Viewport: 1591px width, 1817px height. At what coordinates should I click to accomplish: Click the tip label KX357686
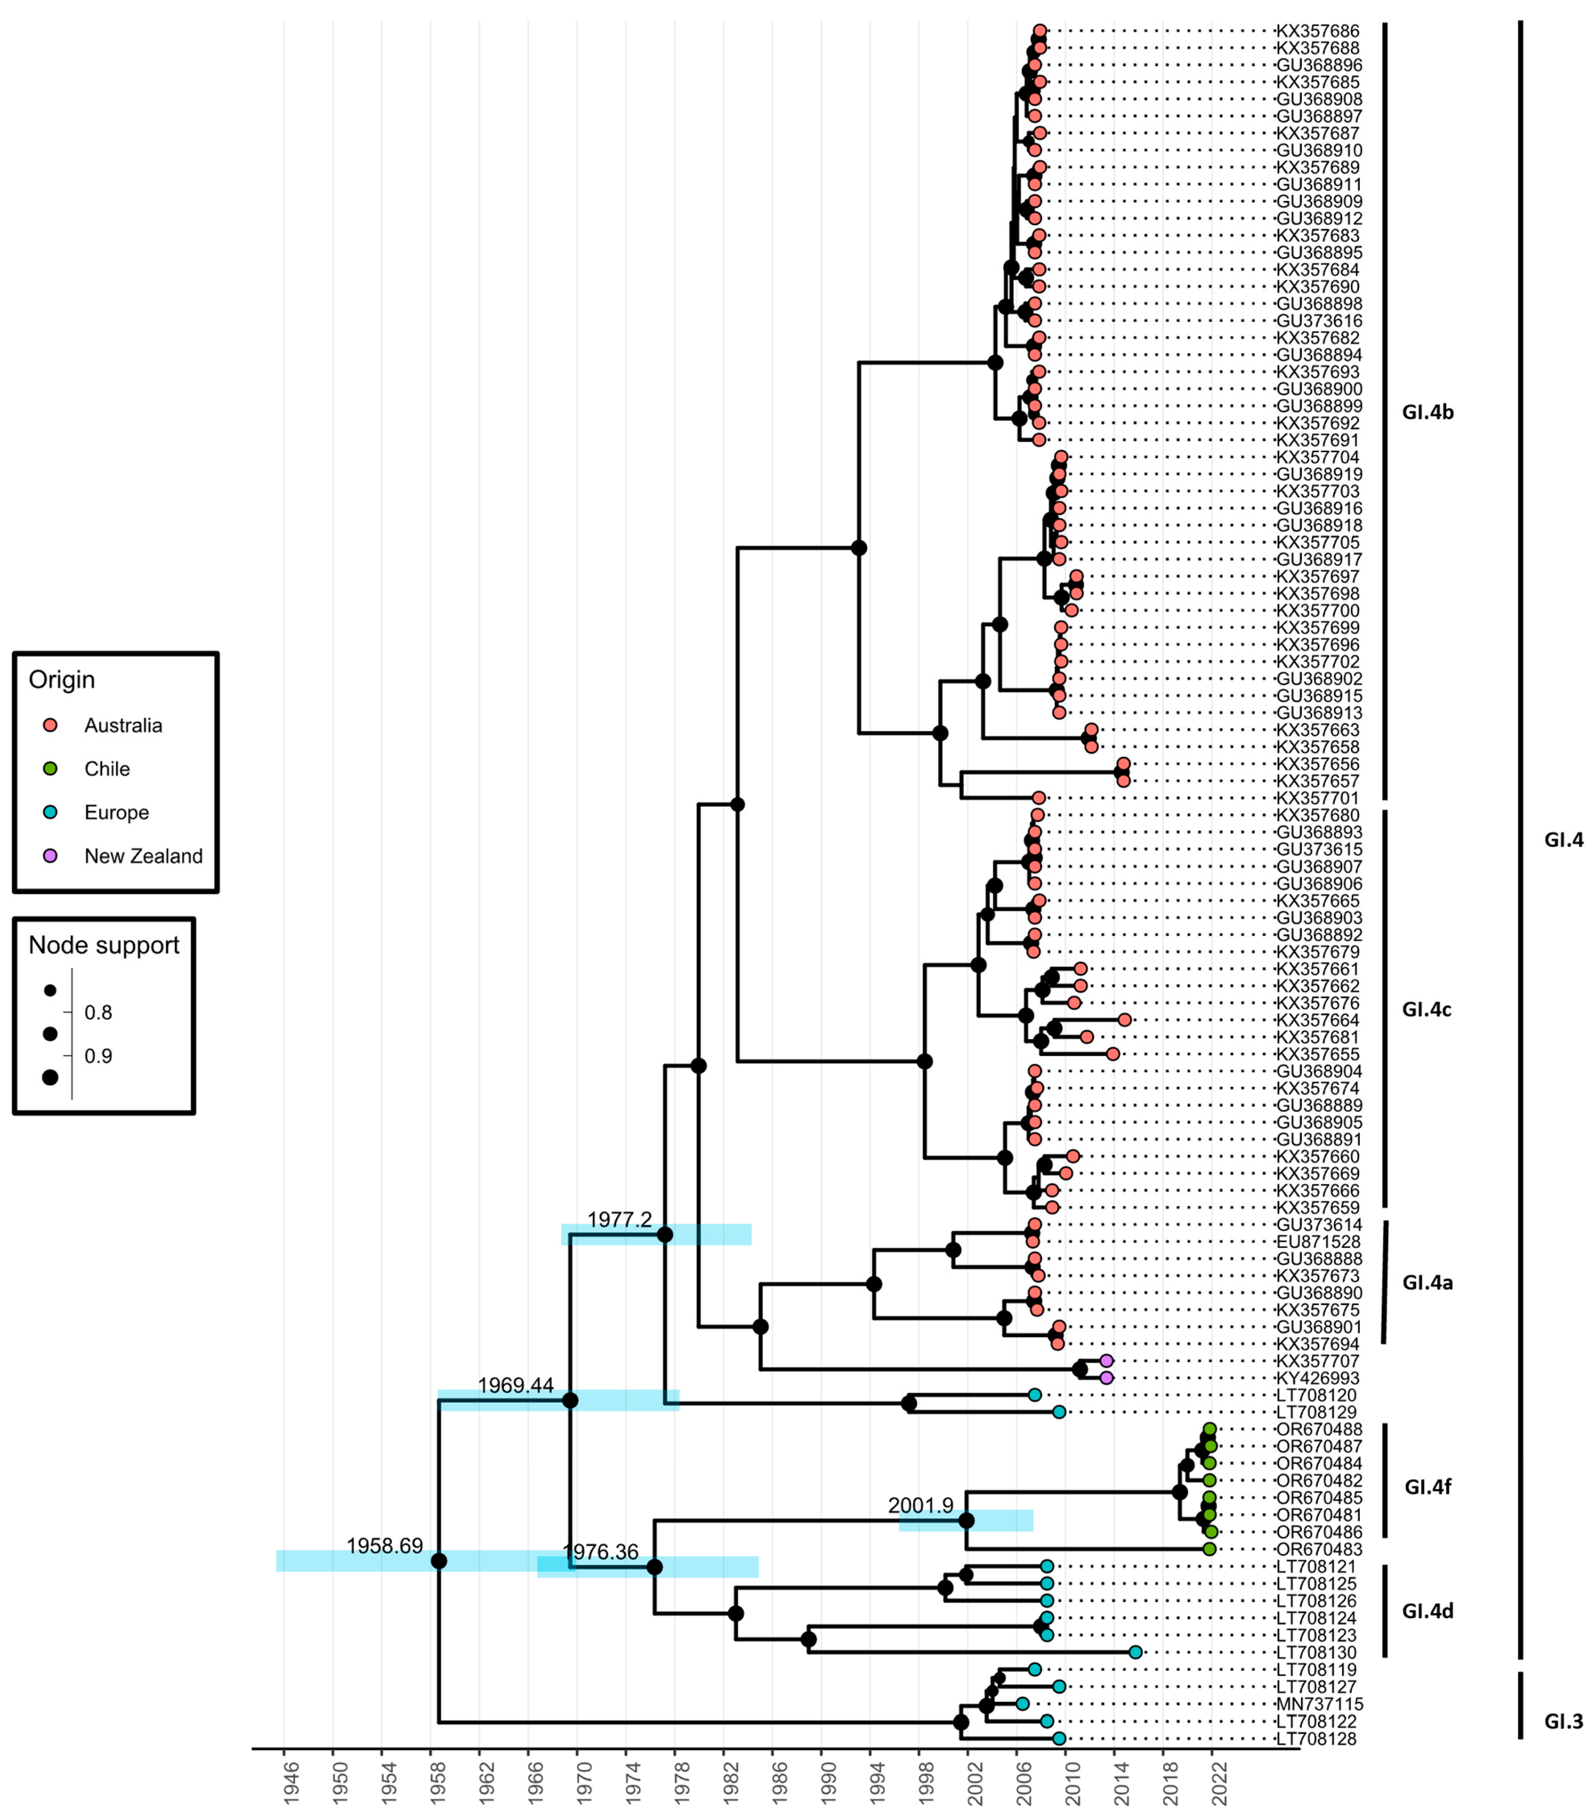click(x=1318, y=31)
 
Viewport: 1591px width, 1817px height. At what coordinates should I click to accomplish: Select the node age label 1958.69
click(x=384, y=1546)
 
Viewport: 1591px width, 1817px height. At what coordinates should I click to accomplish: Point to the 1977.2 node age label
click(x=620, y=1219)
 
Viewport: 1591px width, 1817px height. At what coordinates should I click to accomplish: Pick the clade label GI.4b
click(x=1428, y=412)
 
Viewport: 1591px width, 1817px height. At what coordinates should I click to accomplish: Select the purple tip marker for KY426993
click(x=1106, y=1377)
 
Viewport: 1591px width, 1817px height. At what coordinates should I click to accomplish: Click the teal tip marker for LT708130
click(x=1136, y=1652)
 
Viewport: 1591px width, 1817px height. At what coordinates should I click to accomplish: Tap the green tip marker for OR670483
click(x=1209, y=1549)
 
